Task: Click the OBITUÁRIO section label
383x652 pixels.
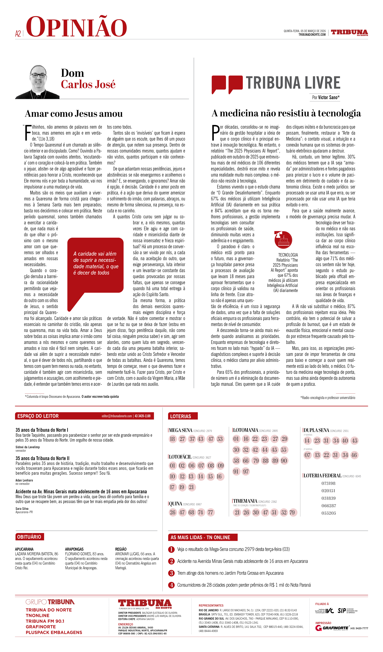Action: pos(29,537)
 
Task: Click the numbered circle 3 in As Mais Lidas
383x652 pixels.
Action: pos(171,573)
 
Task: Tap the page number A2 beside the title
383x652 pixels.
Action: pos(18,34)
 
